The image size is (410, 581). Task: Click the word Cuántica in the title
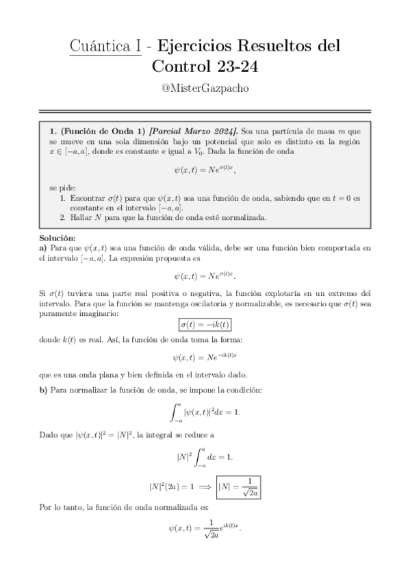(103, 47)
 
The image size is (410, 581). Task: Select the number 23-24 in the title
(235, 66)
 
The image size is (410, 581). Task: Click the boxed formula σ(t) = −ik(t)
(205, 324)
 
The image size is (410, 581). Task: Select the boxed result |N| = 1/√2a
(239, 487)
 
